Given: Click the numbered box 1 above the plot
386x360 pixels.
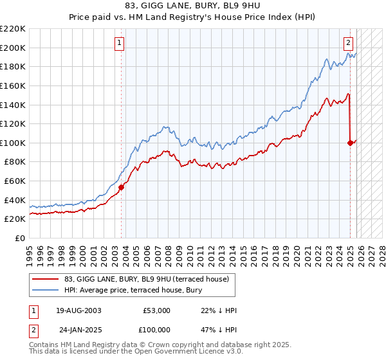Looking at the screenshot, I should (120, 43).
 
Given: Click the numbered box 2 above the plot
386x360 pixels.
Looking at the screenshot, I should (348, 43).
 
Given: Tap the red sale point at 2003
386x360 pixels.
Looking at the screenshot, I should (121, 187).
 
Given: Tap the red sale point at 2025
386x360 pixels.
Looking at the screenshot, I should (350, 143).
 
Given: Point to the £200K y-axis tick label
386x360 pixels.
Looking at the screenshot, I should (13, 48).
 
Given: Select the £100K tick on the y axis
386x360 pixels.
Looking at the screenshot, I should (13, 143).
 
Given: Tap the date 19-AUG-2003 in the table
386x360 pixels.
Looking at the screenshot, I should (78, 310).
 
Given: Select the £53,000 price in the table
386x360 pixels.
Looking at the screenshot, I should (156, 310).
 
